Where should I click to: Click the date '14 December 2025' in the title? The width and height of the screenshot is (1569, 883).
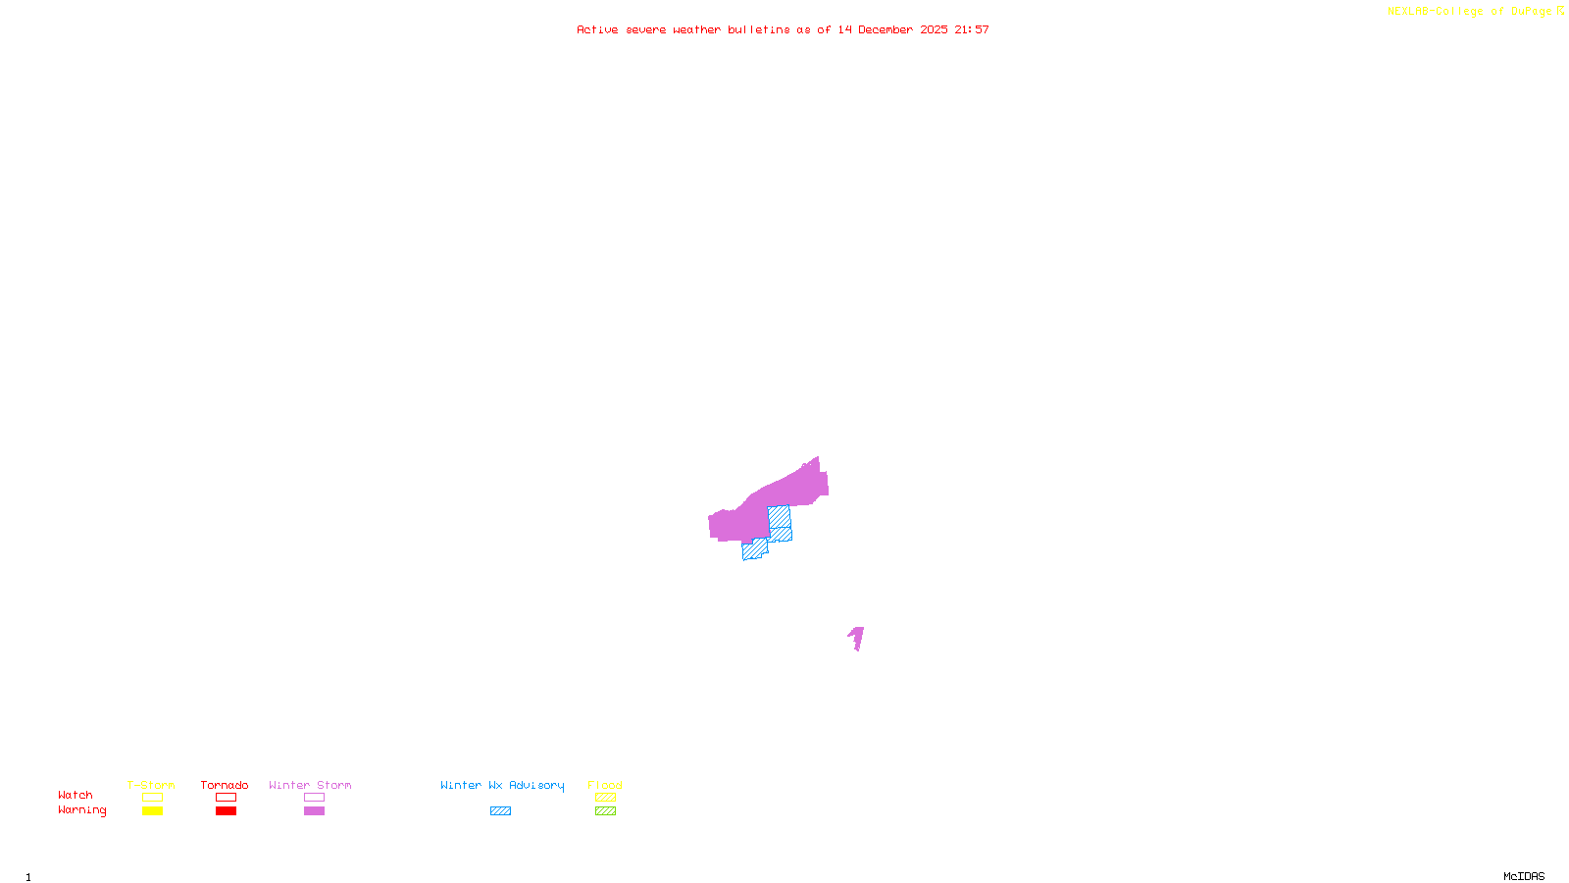pos(892,29)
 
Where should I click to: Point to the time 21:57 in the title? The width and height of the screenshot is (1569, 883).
pos(972,29)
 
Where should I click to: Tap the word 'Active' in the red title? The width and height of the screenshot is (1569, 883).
pos(597,29)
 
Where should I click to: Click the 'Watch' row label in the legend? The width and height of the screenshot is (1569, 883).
pos(76,795)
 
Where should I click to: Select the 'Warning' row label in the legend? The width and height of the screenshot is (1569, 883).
pos(82,810)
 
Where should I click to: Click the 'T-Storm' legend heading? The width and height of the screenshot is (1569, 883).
pos(151,785)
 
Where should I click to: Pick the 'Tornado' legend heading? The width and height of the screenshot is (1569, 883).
pos(225,785)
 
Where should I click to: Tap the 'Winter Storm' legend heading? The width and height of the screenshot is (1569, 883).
pos(310,785)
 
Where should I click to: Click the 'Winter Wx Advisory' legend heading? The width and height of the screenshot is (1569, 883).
pos(502,785)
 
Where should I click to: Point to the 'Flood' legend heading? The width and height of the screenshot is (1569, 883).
pos(605,785)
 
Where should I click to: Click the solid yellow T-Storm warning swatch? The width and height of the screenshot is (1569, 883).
pos(152,811)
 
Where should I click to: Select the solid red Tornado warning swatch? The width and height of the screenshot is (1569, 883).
pos(227,811)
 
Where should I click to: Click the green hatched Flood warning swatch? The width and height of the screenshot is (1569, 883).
pos(606,811)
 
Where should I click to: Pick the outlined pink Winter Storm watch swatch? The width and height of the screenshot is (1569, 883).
pos(314,798)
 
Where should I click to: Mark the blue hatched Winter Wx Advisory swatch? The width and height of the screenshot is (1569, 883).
pos(500,811)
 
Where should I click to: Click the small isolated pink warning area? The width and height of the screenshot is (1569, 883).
pos(857,638)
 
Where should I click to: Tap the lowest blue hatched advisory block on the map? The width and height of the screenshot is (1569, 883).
pos(754,550)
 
